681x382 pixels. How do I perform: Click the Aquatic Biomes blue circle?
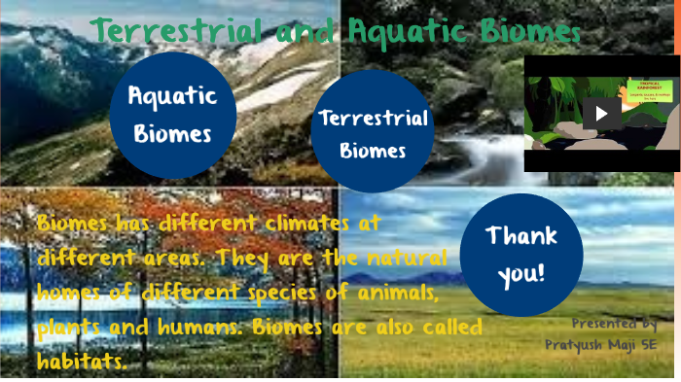pyautogui.click(x=173, y=115)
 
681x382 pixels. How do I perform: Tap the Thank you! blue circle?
pyautogui.click(x=520, y=254)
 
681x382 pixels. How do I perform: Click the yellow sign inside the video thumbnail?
pyautogui.click(x=643, y=90)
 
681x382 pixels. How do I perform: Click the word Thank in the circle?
pyautogui.click(x=520, y=235)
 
